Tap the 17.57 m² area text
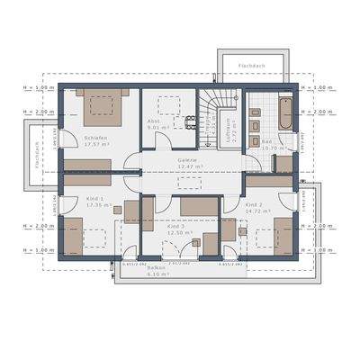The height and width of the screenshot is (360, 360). (x=96, y=144)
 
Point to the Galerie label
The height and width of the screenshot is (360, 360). (x=189, y=159)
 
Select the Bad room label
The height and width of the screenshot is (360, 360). (x=266, y=139)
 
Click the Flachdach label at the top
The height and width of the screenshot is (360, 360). (x=251, y=67)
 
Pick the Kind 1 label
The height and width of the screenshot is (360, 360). (x=94, y=198)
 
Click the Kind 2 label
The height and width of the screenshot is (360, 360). (x=255, y=205)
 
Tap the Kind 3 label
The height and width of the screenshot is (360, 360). (x=175, y=226)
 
